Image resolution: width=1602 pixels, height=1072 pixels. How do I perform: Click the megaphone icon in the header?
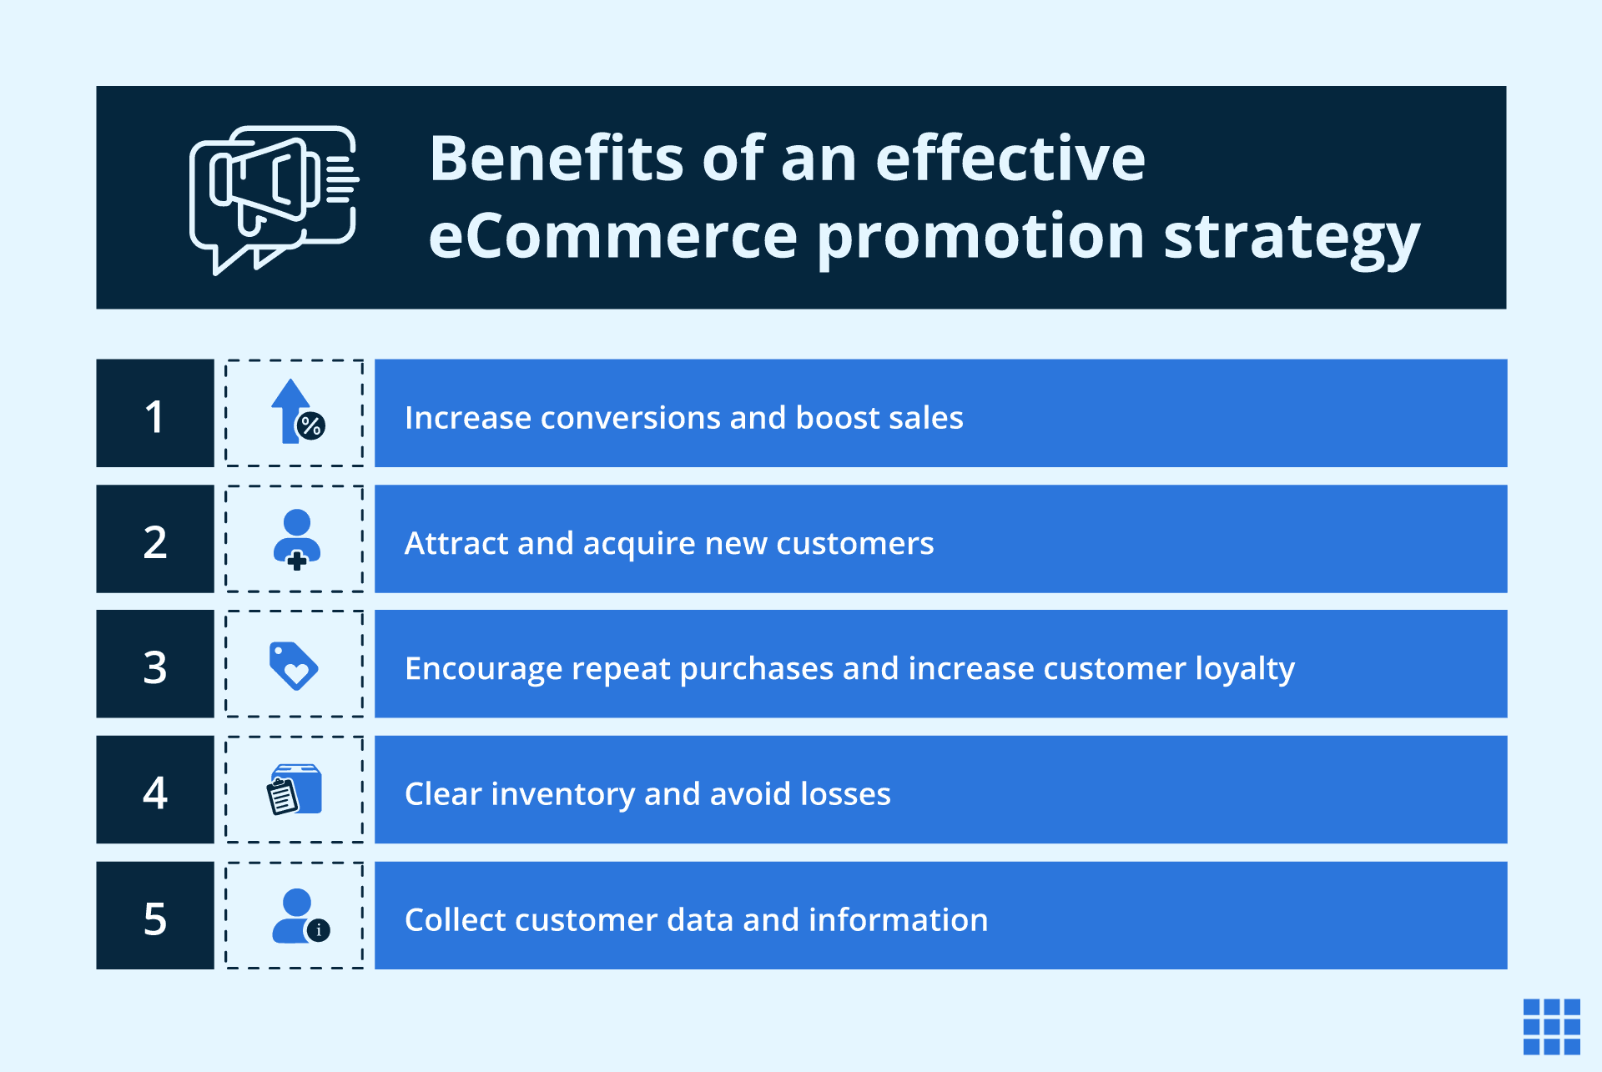click(x=274, y=199)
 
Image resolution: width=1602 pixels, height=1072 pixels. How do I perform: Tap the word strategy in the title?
click(x=1291, y=237)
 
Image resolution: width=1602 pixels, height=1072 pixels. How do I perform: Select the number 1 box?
click(x=155, y=414)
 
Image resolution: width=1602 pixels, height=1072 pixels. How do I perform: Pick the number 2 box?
click(x=155, y=540)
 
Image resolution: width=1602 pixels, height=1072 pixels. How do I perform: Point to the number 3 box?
click(x=155, y=665)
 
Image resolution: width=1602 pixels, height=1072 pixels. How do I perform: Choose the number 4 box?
click(x=155, y=790)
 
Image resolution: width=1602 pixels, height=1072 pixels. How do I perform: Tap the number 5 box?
click(x=155, y=916)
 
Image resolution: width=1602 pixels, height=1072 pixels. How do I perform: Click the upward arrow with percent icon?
click(x=296, y=413)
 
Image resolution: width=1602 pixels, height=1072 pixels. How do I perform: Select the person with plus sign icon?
click(x=296, y=539)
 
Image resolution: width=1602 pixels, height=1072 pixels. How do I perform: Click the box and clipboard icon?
click(x=295, y=790)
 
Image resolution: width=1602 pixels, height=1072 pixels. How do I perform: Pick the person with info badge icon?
click(x=300, y=916)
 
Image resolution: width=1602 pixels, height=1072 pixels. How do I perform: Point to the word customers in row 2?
click(x=854, y=544)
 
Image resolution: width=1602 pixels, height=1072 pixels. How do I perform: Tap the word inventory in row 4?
click(x=563, y=794)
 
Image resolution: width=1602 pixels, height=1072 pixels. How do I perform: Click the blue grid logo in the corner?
click(x=1551, y=1027)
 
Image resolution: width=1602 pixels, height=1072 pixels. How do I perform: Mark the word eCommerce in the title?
click(x=613, y=237)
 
